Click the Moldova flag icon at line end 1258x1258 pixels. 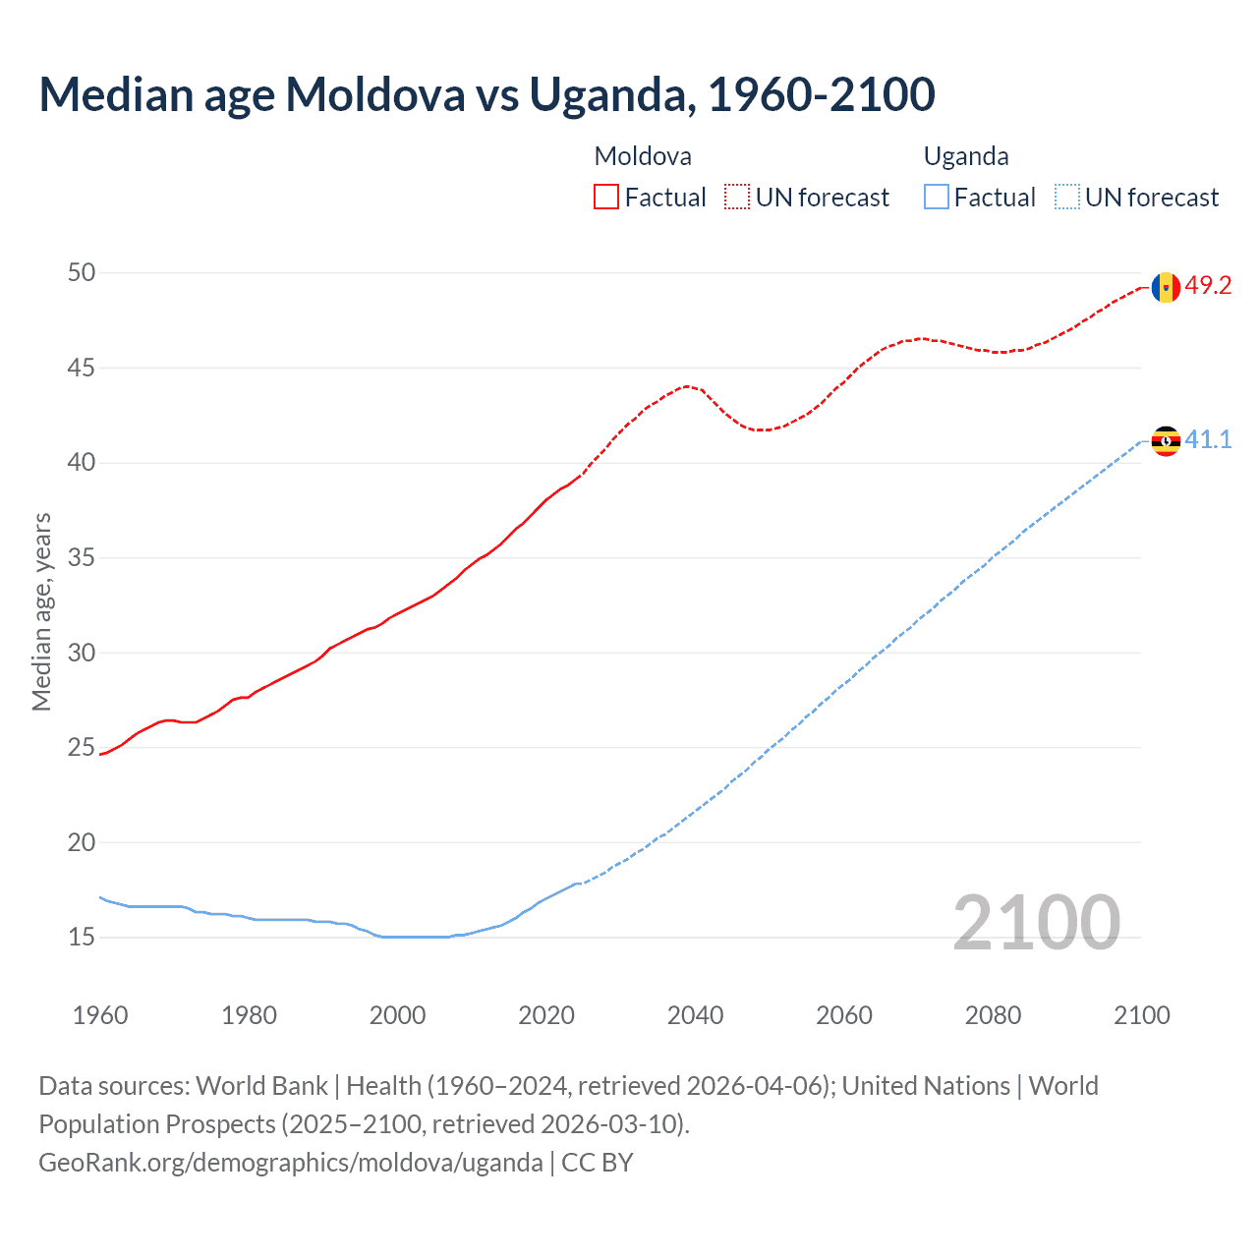tap(1166, 287)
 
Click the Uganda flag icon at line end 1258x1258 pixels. tap(1166, 441)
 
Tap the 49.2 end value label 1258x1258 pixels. tap(1208, 286)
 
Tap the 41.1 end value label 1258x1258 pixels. tap(1208, 439)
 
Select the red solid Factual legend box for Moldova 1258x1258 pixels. tap(606, 198)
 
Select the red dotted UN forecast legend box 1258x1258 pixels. tap(737, 198)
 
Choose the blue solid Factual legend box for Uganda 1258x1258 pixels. tap(937, 198)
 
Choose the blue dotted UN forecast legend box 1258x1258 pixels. tap(1066, 198)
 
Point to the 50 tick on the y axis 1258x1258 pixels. tap(82, 272)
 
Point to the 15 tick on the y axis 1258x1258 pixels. tap(82, 938)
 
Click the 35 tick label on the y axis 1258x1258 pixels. tap(82, 558)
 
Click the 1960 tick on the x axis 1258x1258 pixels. tap(100, 1015)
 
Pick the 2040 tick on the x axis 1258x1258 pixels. tap(695, 1015)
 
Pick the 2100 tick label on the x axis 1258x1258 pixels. tap(1141, 1015)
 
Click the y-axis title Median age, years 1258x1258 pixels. tap(41, 611)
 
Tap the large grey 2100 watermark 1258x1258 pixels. tap(1036, 923)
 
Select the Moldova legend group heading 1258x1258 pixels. tap(643, 156)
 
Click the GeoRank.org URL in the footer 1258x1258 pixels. tap(291, 1163)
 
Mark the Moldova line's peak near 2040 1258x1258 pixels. tap(687, 386)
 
